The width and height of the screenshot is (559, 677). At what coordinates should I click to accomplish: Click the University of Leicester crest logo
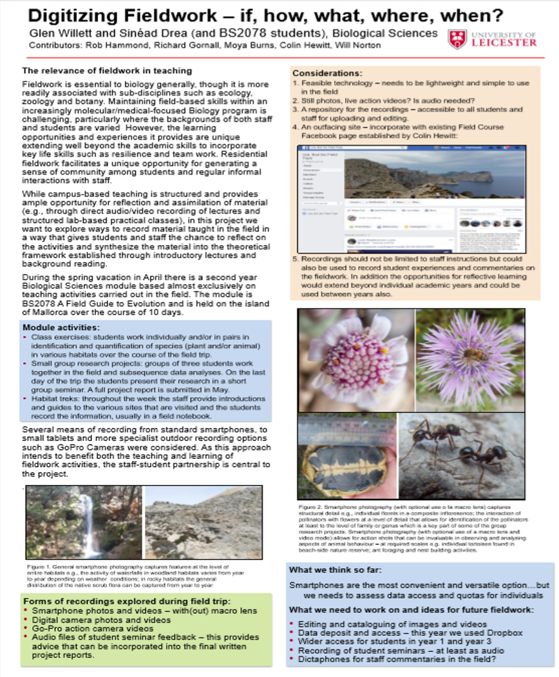point(458,39)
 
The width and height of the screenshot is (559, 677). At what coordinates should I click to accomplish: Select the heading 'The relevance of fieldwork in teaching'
point(106,71)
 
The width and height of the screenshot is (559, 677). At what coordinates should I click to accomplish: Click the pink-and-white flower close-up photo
point(355,359)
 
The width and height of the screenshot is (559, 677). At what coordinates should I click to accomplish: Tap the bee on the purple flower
point(472,355)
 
